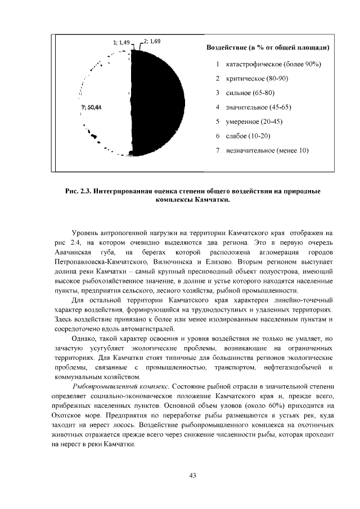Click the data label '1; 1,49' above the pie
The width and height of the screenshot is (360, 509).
click(121, 42)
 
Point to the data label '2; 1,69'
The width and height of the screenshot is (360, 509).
click(152, 42)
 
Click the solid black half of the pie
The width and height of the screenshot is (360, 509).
click(160, 101)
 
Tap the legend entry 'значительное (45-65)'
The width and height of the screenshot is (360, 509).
click(258, 107)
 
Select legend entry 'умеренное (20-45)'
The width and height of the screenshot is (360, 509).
click(254, 121)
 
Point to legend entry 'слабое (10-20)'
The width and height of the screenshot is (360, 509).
click(248, 136)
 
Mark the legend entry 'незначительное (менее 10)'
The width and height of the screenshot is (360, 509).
click(267, 150)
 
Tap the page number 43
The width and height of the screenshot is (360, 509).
click(192, 476)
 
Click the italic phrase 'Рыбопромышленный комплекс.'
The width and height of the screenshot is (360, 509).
click(121, 386)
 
